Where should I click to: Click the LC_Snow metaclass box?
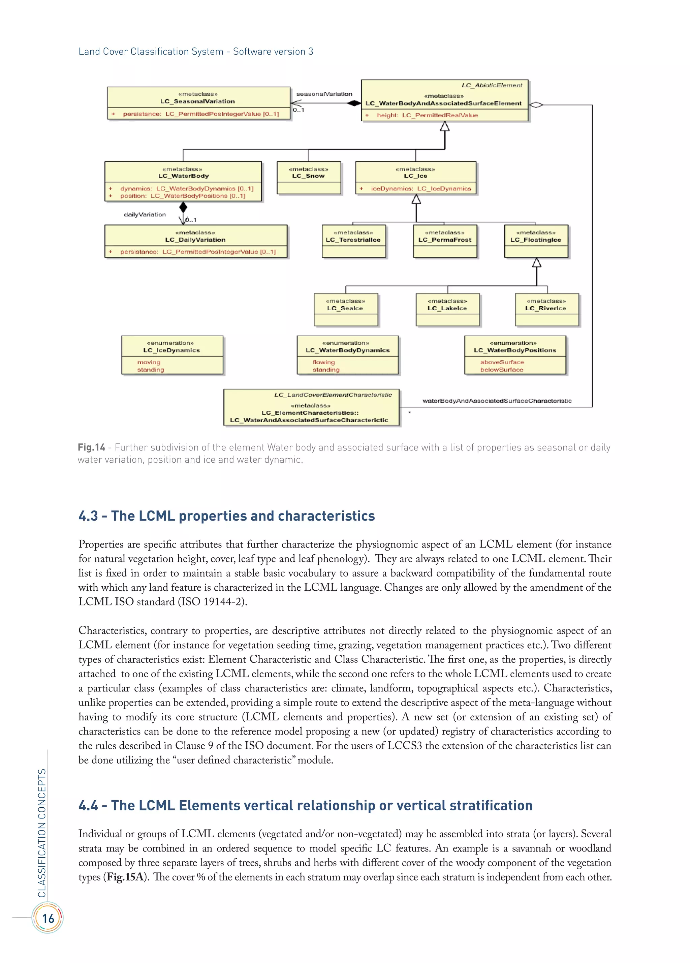coord(309,178)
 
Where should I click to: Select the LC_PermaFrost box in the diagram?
coord(445,241)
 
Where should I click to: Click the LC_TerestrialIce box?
coord(353,241)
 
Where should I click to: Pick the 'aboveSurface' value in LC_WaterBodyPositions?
coord(502,362)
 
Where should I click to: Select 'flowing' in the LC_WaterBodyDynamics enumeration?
coord(323,362)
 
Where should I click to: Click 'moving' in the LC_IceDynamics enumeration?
coord(149,362)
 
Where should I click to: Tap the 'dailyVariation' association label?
coord(145,214)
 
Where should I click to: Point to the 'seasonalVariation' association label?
coord(324,94)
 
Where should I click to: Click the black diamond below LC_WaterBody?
coord(183,207)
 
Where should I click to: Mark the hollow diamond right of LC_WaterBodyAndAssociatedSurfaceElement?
coord(536,104)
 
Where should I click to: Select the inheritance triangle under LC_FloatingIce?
coord(537,262)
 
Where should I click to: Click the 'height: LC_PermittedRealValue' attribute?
coord(427,115)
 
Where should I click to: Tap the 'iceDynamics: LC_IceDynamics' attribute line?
coord(420,189)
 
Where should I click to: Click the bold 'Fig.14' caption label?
coord(91,447)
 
